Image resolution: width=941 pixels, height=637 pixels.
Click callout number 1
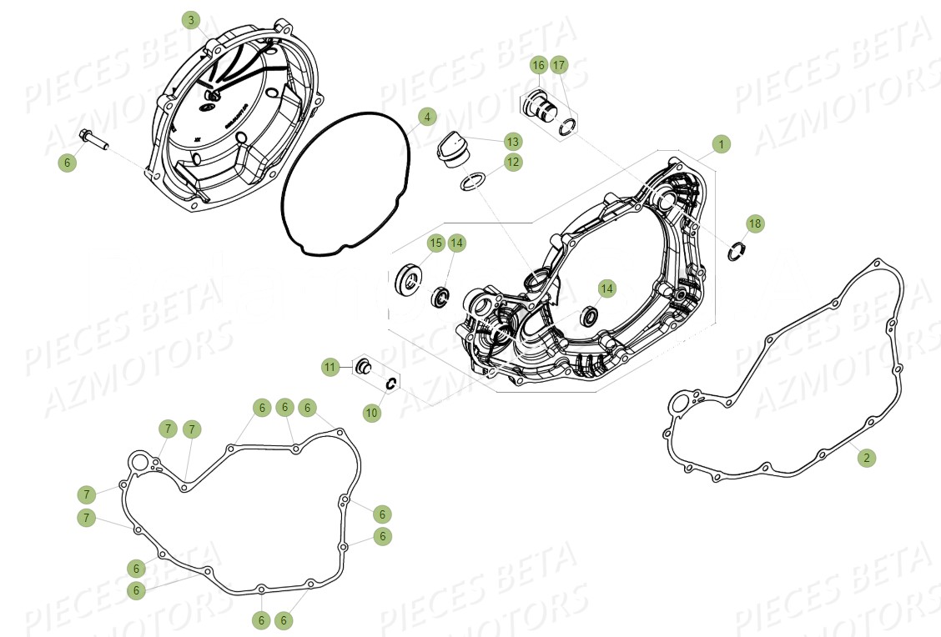[721, 144]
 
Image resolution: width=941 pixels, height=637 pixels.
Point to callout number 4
[426, 117]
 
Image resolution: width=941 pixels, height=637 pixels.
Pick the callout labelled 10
[371, 413]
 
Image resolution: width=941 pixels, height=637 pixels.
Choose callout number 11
[331, 366]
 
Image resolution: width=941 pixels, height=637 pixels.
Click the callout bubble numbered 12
[512, 162]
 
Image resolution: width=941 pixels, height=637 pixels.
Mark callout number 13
[511, 141]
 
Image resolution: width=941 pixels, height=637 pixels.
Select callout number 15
[435, 243]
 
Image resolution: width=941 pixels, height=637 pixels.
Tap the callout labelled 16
[538, 65]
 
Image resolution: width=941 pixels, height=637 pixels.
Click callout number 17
[559, 65]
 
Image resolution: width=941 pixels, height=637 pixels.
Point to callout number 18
[754, 223]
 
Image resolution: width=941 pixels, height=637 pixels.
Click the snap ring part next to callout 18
[735, 250]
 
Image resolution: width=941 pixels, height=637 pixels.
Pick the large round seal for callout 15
[410, 278]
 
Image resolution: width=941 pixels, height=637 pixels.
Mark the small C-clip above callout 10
[390, 383]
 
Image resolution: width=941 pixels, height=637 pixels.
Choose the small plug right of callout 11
[364, 367]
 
